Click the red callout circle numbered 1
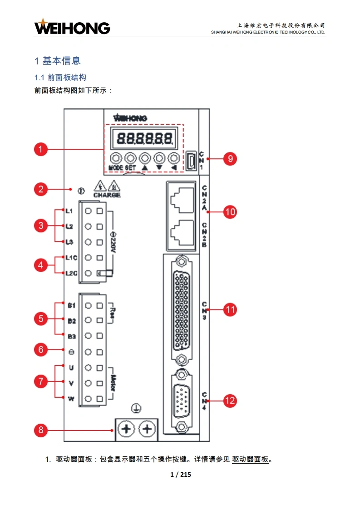41,149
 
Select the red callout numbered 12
230,401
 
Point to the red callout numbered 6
41,349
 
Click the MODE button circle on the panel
116,158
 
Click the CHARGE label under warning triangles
107,195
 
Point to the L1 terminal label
69,211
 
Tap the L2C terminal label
71,273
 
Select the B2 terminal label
71,321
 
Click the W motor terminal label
71,399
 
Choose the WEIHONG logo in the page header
72,27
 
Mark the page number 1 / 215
180,475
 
